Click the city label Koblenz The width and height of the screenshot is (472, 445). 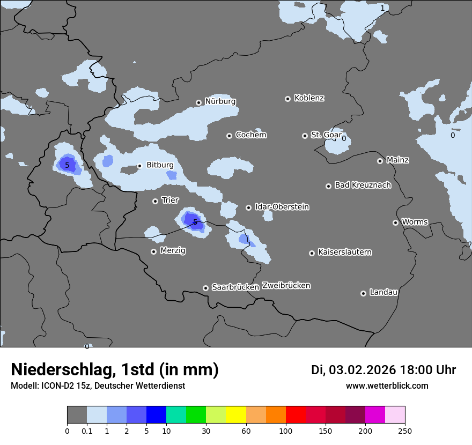[x=309, y=98]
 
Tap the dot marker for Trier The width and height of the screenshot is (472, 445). [x=156, y=201]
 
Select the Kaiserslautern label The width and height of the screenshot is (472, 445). [x=344, y=252]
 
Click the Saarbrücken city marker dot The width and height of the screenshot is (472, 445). [x=205, y=288]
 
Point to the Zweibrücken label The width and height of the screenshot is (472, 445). [x=286, y=285]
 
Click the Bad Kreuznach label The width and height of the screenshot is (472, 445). [x=363, y=185]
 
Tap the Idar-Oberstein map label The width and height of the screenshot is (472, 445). [x=282, y=206]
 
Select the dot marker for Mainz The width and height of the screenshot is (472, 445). [x=380, y=161]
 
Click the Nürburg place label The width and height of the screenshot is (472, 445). [x=220, y=101]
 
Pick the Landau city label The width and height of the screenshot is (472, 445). [x=383, y=292]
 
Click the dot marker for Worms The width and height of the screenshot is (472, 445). [x=396, y=222]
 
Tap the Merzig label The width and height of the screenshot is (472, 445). [x=173, y=250]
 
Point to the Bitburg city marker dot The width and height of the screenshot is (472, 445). [x=139, y=166]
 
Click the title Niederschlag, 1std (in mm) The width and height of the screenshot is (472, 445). [x=115, y=370]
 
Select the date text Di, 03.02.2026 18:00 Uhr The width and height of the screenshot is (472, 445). [x=383, y=370]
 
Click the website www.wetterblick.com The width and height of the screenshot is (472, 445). [x=387, y=385]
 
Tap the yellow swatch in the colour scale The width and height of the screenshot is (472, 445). [x=236, y=415]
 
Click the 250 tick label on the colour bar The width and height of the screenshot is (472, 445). [x=404, y=431]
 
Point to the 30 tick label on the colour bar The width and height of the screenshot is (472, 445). [x=206, y=431]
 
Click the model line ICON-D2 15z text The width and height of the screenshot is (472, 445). [x=98, y=385]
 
